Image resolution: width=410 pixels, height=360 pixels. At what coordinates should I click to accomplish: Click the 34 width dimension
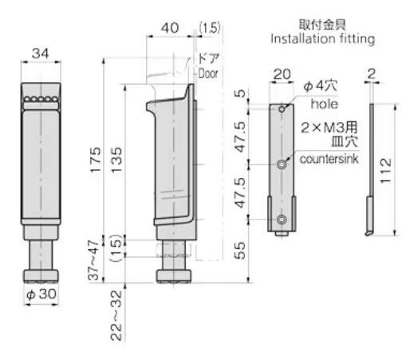pos(39,53)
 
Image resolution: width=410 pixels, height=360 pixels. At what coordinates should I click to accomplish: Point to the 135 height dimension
pos(117,162)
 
